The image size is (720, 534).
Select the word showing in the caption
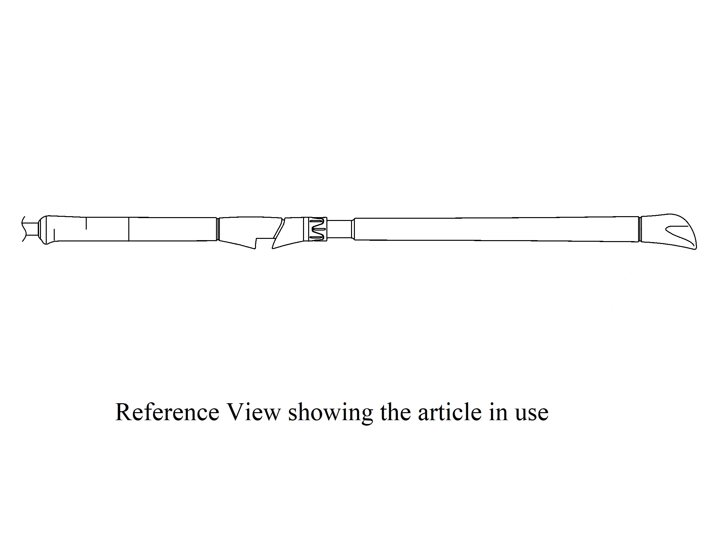pyautogui.click(x=330, y=413)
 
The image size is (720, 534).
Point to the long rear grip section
pyautogui.click(x=495, y=229)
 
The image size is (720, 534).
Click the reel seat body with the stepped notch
pyautogui.click(x=246, y=230)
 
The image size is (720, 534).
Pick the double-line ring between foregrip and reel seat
pyautogui.click(x=218, y=229)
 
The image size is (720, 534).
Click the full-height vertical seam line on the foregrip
pyautogui.click(x=129, y=229)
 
